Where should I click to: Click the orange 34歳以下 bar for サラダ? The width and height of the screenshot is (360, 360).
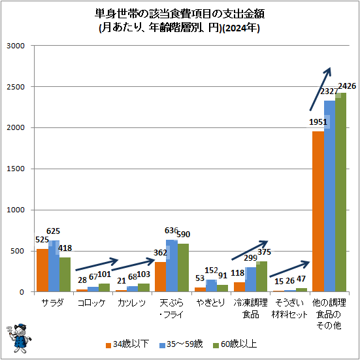42,270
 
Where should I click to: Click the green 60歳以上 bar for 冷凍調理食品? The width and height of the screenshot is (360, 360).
262,276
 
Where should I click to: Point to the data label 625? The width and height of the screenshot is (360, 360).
54,231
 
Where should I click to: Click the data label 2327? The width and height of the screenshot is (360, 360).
329,92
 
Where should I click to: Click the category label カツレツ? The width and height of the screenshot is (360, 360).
132,303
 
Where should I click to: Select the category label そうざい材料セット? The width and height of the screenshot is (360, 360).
289,308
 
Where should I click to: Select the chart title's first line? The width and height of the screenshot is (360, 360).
180,14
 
